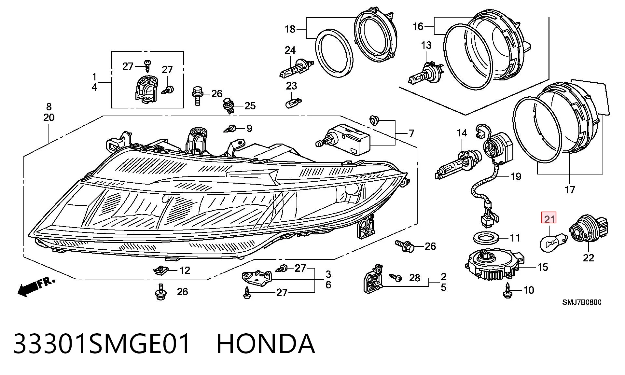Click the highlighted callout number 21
tap(549, 218)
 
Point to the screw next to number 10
tap(507, 290)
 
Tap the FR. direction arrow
tap(36, 287)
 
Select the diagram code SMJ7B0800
tap(582, 302)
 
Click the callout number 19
tap(516, 177)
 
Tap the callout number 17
tap(570, 189)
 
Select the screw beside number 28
tap(396, 278)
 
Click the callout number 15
tap(543, 268)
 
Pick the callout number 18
tap(290, 29)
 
